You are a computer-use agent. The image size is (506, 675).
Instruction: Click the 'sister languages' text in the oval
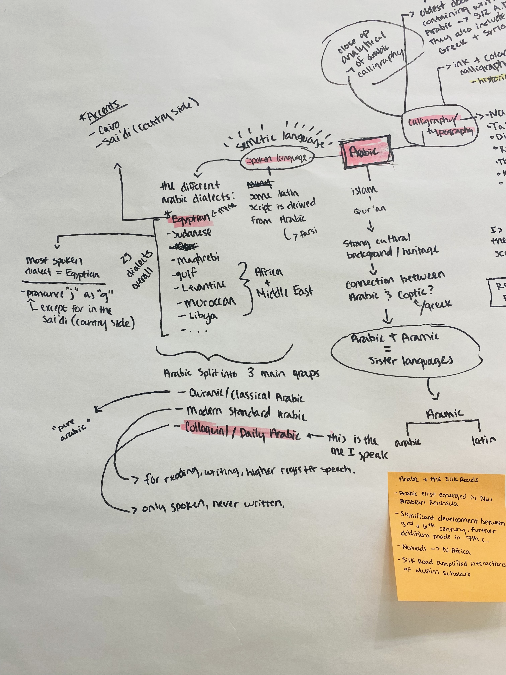coord(410,361)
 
